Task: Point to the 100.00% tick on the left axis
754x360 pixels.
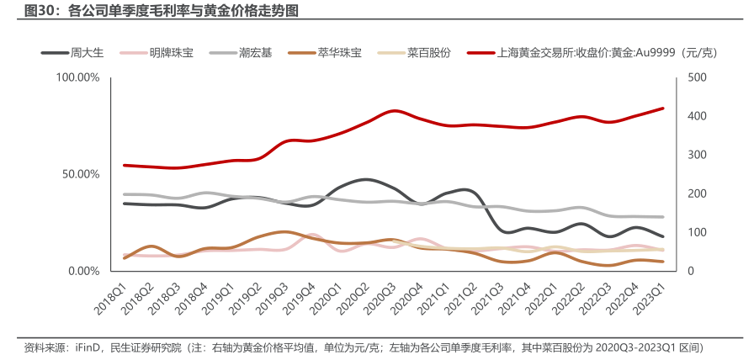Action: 77,77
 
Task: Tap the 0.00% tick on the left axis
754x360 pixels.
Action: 83,271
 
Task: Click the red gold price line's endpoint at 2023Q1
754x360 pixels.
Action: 663,109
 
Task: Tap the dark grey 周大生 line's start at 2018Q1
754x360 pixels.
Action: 124,204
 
